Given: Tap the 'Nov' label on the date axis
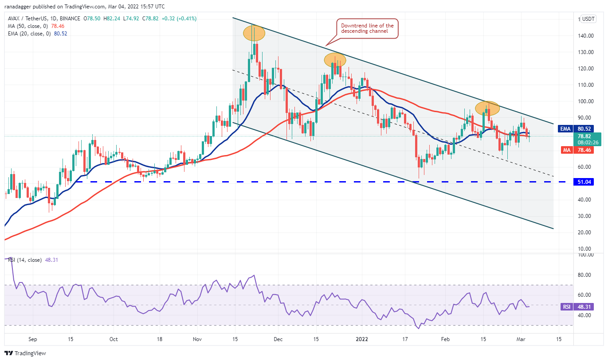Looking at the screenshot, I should [x=198, y=339].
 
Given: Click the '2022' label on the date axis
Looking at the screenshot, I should [x=362, y=339].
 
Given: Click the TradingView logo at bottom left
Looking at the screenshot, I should [x=25, y=353].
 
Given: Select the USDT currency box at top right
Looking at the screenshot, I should [x=588, y=19].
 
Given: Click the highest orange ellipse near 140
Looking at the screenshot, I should [x=254, y=33].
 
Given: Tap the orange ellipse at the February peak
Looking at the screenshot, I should [x=487, y=108].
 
